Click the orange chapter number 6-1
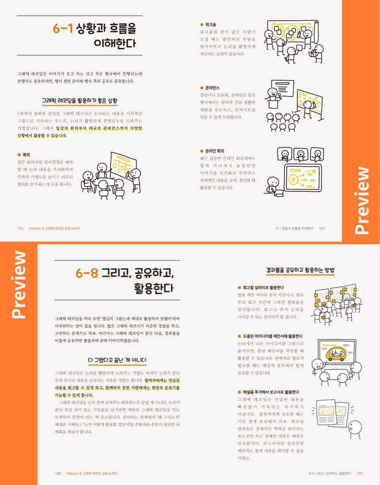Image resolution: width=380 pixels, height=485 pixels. (x=63, y=29)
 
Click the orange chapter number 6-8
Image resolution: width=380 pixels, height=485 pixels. (x=87, y=273)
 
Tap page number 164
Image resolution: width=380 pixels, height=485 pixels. (x=20, y=228)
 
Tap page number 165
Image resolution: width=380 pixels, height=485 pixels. (x=322, y=228)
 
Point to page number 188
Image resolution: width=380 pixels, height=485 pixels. (x=58, y=474)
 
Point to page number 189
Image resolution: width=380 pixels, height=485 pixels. (x=360, y=474)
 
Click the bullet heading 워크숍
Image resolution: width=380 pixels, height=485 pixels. (x=211, y=25)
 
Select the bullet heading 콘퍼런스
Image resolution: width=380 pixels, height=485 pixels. (x=213, y=88)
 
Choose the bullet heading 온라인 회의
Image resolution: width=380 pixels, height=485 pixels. (x=214, y=151)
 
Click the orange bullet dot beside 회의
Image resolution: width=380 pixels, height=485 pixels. (x=19, y=155)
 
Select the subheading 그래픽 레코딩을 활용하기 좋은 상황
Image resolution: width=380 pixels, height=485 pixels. (x=80, y=101)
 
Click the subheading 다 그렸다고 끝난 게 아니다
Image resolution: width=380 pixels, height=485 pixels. (x=117, y=360)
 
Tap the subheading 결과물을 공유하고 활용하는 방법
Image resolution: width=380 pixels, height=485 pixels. (x=300, y=270)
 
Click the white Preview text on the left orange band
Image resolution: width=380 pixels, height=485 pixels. (x=19, y=285)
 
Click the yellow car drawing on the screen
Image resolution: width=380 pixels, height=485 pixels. (x=336, y=354)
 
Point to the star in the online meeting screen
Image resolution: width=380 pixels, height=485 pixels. (x=314, y=171)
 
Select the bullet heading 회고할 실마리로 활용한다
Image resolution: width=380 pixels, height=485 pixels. (x=263, y=287)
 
